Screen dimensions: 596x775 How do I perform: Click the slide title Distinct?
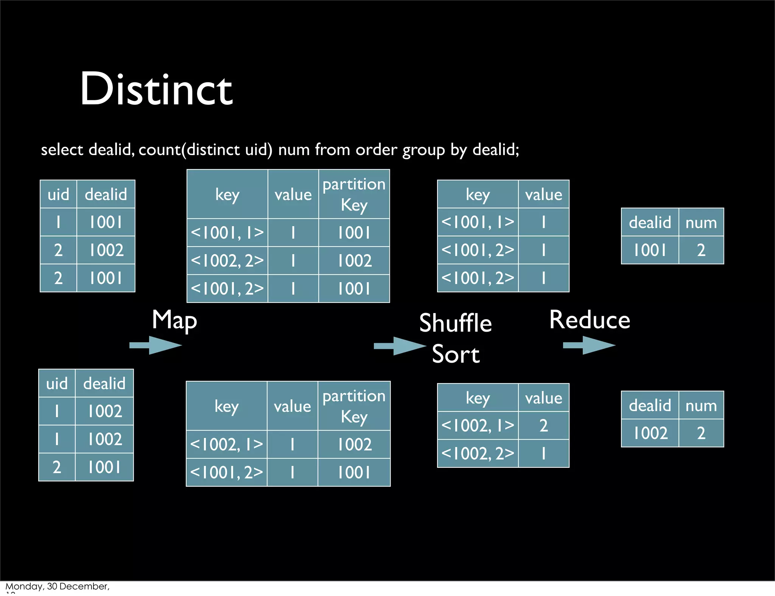pos(156,90)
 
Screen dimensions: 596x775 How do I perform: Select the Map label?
pos(174,320)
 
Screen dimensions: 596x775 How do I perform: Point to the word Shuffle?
pos(455,323)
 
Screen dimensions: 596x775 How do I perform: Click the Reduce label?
pos(590,320)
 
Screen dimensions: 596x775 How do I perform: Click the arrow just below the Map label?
pos(156,345)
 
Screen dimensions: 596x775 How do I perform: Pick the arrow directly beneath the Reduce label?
pos(589,345)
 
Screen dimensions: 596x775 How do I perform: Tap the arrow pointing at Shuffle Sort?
pos(400,346)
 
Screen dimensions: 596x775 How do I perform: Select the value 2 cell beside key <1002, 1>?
pos(543,425)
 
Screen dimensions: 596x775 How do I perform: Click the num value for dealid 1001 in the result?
pos(701,250)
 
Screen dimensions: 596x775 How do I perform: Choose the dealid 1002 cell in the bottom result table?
pos(650,433)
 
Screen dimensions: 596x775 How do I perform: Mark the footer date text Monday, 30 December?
pos(57,586)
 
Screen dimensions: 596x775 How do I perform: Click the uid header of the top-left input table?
pos(58,194)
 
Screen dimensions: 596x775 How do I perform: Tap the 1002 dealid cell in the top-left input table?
pos(106,250)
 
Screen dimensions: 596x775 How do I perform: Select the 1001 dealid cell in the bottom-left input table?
pos(104,467)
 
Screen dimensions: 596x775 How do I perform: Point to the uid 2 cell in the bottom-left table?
pos(57,467)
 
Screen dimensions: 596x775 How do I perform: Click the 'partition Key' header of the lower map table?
pos(354,406)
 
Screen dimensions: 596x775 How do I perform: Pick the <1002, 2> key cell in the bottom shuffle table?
pos(478,453)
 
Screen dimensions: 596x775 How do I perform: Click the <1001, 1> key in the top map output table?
pos(227,233)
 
